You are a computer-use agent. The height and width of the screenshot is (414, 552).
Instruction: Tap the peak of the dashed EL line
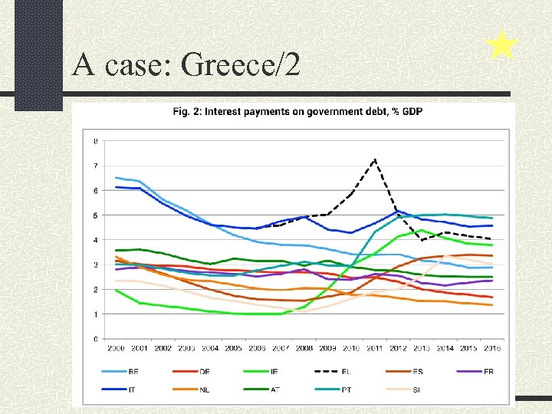(x=374, y=159)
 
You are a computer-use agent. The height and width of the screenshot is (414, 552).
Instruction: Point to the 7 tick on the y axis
(x=95, y=166)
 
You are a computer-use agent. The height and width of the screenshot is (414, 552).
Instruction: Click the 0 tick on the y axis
(x=95, y=339)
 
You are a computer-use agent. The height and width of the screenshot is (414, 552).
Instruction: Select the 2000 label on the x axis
(x=116, y=348)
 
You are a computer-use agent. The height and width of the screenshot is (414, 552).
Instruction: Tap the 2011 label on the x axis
(x=374, y=348)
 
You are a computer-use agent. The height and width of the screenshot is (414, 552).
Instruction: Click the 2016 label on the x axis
(x=491, y=348)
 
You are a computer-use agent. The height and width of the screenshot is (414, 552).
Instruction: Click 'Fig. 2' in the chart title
(x=187, y=112)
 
